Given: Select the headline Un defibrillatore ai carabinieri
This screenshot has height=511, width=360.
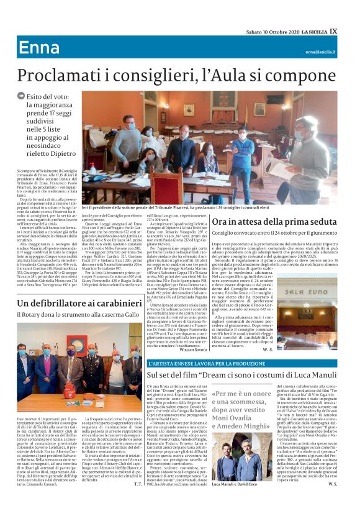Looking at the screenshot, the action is point(79,302).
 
